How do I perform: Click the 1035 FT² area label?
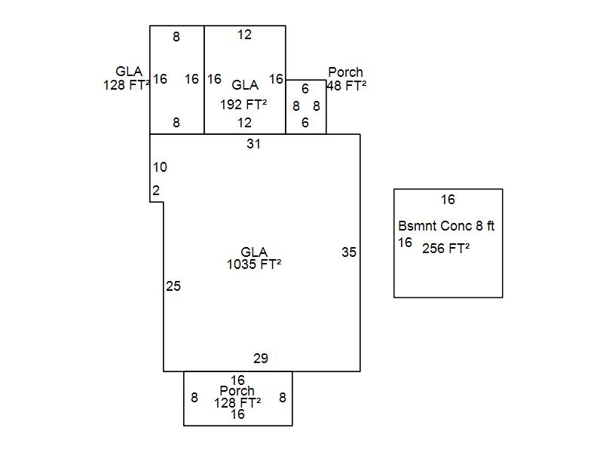tap(254, 264)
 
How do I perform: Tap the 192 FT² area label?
tap(243, 104)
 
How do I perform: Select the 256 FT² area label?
tap(446, 249)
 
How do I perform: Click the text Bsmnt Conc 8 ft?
tap(446, 226)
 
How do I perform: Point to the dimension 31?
tap(253, 144)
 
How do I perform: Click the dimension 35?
tap(348, 253)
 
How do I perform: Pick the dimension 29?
tap(260, 359)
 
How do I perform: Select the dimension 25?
tap(173, 286)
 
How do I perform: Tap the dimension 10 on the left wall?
tap(160, 167)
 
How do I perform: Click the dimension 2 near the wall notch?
tap(156, 191)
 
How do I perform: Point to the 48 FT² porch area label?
tap(347, 86)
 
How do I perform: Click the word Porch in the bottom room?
tap(237, 391)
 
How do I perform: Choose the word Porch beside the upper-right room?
tap(345, 72)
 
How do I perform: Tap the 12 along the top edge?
tap(244, 35)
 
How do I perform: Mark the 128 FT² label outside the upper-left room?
tap(127, 85)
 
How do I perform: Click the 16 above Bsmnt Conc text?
tap(448, 200)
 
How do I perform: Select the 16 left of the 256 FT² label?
tap(406, 243)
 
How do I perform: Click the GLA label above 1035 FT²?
tap(254, 252)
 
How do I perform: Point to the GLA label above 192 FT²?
tap(244, 86)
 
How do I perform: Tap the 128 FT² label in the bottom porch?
tap(237, 402)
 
